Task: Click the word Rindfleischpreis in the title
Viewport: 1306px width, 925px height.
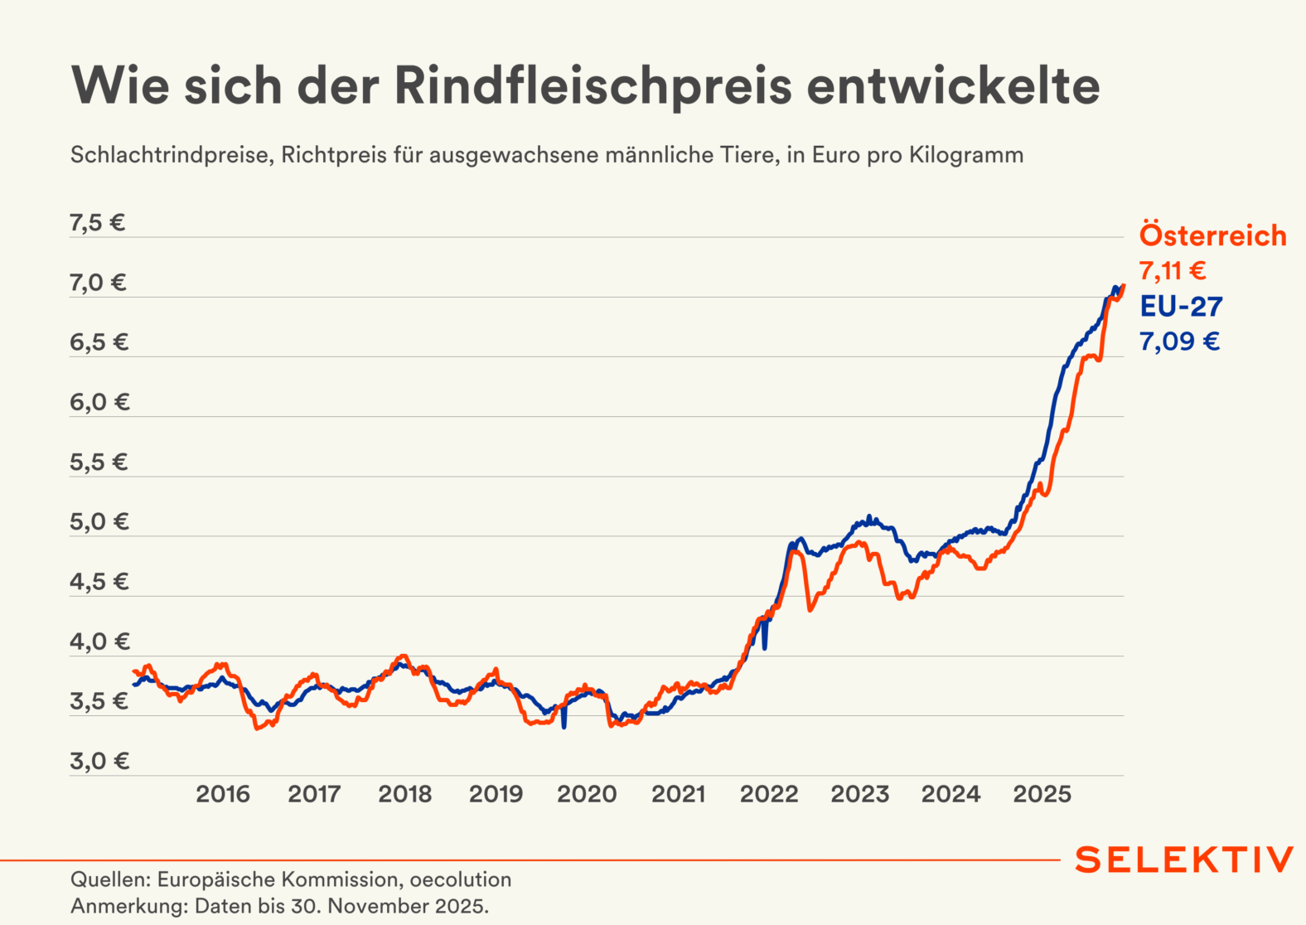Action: click(x=593, y=85)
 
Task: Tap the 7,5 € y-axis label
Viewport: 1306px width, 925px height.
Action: click(x=98, y=223)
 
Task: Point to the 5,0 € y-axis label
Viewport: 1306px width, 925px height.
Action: click(x=99, y=522)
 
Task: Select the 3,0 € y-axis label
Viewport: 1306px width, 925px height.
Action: click(x=99, y=761)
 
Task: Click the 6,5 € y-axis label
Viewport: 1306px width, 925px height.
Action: click(x=99, y=342)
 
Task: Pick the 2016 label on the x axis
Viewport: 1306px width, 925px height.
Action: click(x=222, y=794)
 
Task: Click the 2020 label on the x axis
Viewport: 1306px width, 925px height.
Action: click(x=587, y=794)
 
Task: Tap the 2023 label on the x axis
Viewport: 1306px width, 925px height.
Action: click(x=859, y=794)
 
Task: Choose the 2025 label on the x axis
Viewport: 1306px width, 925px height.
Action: click(x=1042, y=794)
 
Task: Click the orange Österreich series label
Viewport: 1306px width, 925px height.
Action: click(x=1212, y=235)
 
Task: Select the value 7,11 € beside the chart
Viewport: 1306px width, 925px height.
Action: click(x=1173, y=271)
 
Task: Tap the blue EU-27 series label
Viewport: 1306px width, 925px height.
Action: click(x=1181, y=307)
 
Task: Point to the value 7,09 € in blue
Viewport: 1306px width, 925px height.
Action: click(x=1179, y=341)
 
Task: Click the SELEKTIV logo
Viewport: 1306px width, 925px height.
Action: click(x=1183, y=860)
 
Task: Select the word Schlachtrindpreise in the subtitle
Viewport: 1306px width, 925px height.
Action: click(x=172, y=155)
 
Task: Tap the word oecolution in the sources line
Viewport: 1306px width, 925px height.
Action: click(x=461, y=879)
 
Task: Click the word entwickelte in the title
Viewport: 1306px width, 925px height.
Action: click(x=953, y=85)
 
